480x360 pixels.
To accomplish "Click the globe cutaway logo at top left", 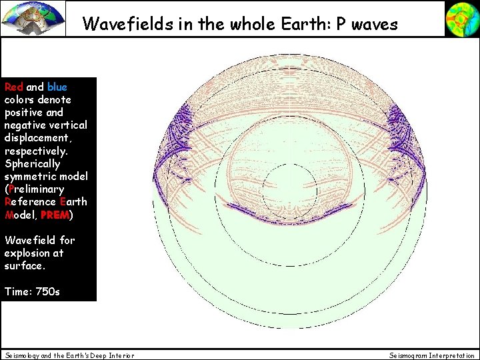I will [x=33, y=18].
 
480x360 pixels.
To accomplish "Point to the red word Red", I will [x=14, y=87].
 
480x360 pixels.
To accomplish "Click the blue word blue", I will [x=57, y=87].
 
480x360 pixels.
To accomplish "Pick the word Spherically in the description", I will [x=32, y=163].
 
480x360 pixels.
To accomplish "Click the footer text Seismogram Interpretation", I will [x=432, y=355].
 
